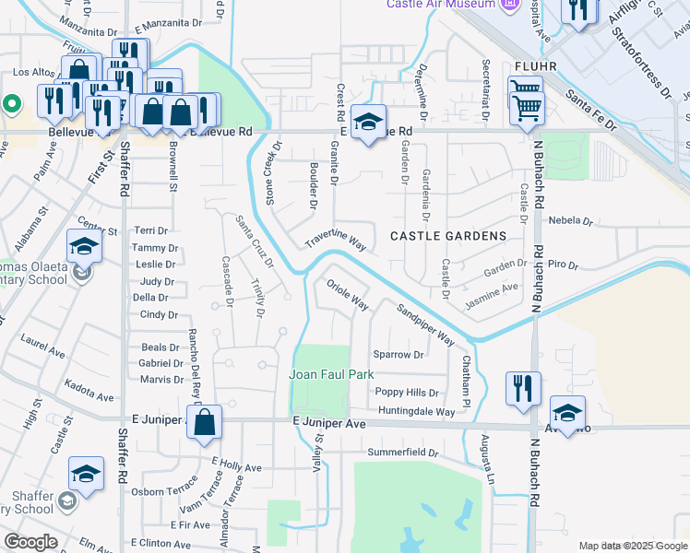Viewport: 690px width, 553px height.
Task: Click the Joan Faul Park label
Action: pyautogui.click(x=331, y=374)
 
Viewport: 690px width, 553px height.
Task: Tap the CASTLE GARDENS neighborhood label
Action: pyautogui.click(x=448, y=236)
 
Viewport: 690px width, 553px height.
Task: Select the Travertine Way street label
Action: pyautogui.click(x=337, y=241)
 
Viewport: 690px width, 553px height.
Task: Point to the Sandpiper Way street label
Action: pyautogui.click(x=426, y=324)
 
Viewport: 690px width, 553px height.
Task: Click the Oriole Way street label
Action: pyautogui.click(x=348, y=294)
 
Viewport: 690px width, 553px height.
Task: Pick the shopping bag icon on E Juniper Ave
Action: pyautogui.click(x=206, y=424)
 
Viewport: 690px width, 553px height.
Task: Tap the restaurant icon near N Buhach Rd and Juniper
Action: pyautogui.click(x=522, y=387)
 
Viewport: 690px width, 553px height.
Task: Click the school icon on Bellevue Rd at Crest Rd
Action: pyautogui.click(x=368, y=123)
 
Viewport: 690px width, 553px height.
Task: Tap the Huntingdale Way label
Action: pyautogui.click(x=415, y=412)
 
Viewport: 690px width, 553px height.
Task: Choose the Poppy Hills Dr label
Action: pyautogui.click(x=406, y=392)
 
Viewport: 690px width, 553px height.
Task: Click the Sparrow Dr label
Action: pyautogui.click(x=399, y=354)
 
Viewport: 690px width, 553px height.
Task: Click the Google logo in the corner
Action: pyautogui.click(x=30, y=542)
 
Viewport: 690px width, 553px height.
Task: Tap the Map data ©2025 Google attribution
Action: pyautogui.click(x=632, y=546)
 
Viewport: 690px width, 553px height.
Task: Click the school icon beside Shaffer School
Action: pyautogui.click(x=86, y=476)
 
